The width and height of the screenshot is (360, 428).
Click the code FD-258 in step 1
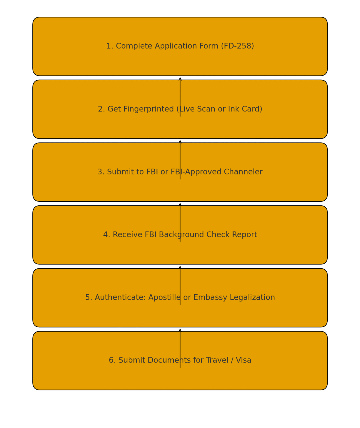237,46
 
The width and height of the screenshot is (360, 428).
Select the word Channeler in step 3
243,172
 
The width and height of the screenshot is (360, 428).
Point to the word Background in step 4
182,235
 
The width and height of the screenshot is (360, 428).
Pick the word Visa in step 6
244,360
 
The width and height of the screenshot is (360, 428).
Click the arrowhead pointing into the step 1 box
180,79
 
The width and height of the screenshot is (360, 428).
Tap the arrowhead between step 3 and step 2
180,142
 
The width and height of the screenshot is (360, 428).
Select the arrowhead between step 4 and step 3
180,205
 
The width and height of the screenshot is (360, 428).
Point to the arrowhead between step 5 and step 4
180,267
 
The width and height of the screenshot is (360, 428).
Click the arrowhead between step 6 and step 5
180,330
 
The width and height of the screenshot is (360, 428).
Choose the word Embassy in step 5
210,297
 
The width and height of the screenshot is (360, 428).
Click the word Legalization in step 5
252,297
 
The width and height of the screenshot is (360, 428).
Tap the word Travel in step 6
217,360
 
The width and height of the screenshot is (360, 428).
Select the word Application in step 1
176,46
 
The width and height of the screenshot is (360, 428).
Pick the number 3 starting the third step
100,172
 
